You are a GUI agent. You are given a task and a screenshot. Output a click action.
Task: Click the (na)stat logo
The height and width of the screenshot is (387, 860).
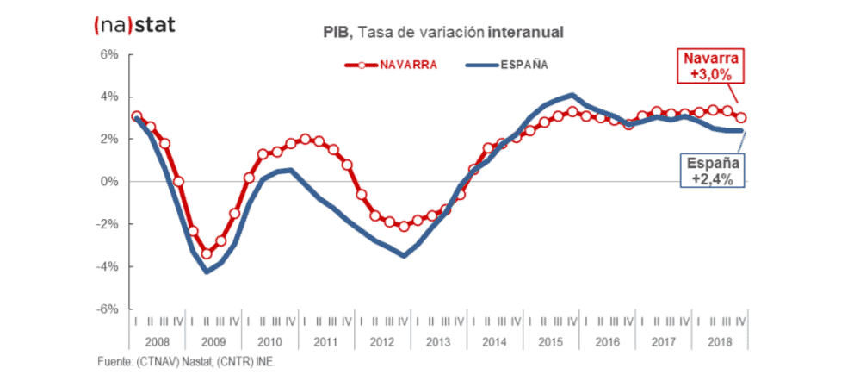click(133, 24)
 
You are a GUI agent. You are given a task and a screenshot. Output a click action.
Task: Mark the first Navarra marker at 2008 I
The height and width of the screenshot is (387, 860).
click(136, 116)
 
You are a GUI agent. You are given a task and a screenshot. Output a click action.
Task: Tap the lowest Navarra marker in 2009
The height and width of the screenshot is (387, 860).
click(207, 254)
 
